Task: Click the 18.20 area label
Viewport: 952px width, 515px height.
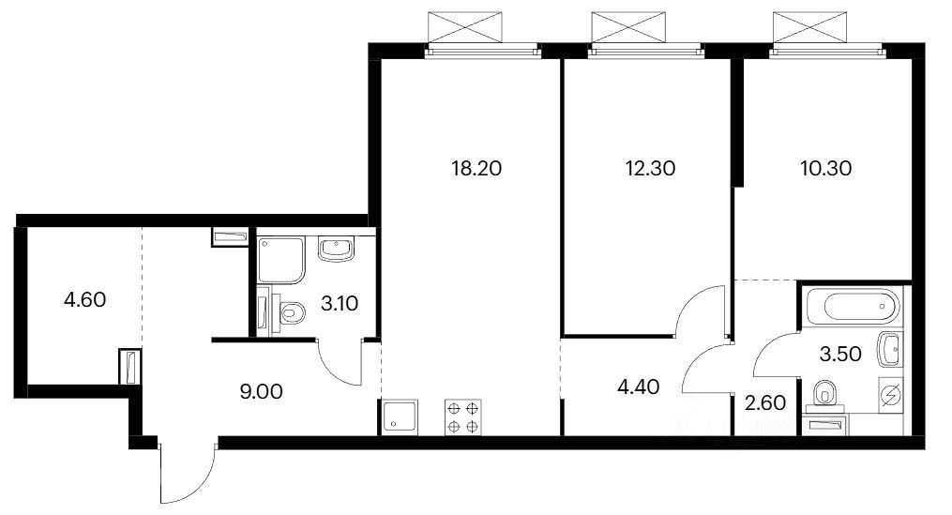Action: [476, 168]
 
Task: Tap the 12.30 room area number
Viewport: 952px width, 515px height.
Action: [650, 168]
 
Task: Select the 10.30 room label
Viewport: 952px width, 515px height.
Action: [825, 168]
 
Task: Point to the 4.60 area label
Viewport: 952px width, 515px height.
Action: [85, 299]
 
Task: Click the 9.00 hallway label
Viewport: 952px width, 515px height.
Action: [261, 392]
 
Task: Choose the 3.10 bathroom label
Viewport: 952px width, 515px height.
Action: [340, 303]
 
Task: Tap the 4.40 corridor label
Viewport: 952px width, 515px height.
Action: [638, 386]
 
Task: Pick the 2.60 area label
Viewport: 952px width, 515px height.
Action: [765, 402]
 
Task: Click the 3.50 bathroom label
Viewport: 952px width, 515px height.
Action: [840, 354]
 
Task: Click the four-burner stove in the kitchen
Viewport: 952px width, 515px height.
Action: [463, 417]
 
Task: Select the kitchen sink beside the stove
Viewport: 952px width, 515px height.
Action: [399, 417]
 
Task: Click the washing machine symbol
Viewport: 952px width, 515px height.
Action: [890, 395]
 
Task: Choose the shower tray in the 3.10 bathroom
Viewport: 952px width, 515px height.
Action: [280, 261]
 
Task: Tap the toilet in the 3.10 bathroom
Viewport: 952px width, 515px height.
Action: [292, 313]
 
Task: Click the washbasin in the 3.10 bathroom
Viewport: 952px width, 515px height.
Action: [337, 249]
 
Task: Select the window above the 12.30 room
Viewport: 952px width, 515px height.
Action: [646, 53]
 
